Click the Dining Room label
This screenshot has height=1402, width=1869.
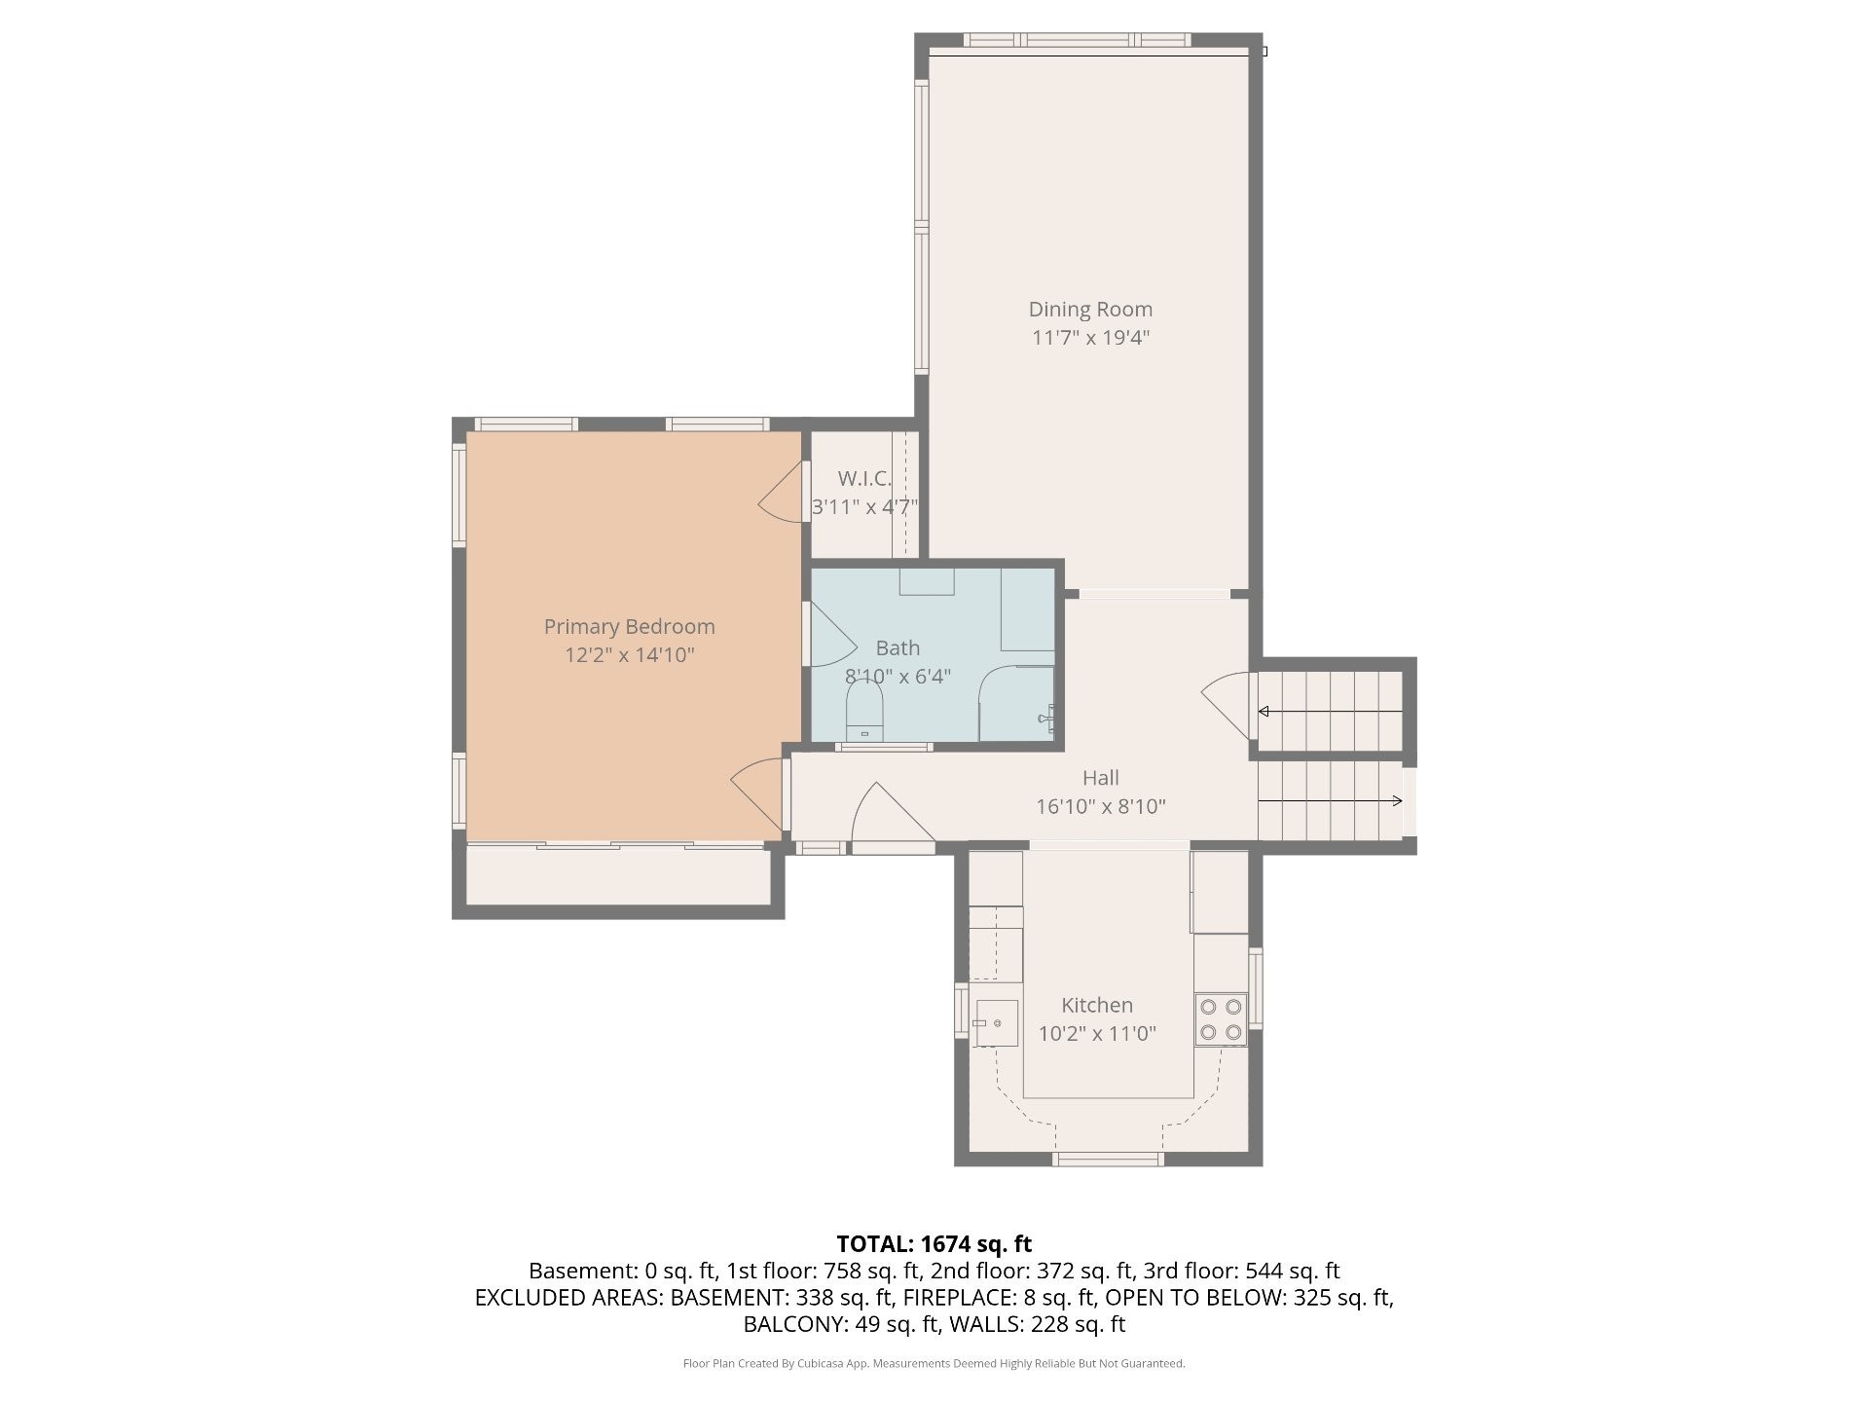1090,310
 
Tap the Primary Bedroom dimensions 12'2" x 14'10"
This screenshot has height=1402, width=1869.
630,655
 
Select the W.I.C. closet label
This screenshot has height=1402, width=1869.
864,479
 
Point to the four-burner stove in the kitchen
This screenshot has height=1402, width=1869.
1221,1019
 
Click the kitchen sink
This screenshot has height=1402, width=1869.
995,1023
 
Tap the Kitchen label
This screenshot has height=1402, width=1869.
1097,1006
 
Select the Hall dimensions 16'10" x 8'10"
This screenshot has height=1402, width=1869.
1101,807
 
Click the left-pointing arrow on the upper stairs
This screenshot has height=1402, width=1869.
1331,712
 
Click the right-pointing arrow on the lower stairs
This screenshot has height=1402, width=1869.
1331,801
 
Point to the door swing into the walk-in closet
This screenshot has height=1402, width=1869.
781,493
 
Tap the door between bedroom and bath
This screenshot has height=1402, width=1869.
831,634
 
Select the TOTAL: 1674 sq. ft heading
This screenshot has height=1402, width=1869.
934,1244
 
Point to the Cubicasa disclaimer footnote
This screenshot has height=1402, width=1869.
934,1364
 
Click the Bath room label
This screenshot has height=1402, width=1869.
898,648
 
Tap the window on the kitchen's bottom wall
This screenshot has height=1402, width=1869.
1109,1159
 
